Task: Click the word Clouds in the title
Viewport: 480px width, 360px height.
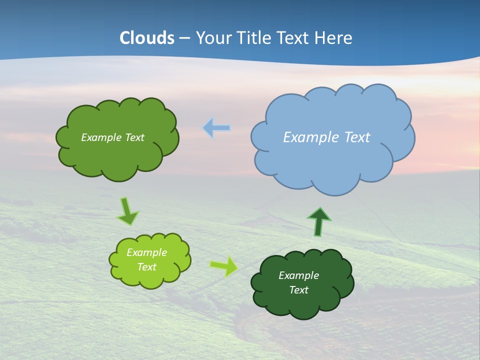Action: (147, 38)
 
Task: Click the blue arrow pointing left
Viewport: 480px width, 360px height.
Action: (216, 128)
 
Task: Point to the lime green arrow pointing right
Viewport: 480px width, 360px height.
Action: (224, 266)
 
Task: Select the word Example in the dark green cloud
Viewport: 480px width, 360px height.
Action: (298, 275)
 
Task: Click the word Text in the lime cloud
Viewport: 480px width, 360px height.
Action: (147, 267)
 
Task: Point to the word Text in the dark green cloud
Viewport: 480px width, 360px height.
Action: (298, 290)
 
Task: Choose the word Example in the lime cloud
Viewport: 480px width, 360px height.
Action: (147, 252)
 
